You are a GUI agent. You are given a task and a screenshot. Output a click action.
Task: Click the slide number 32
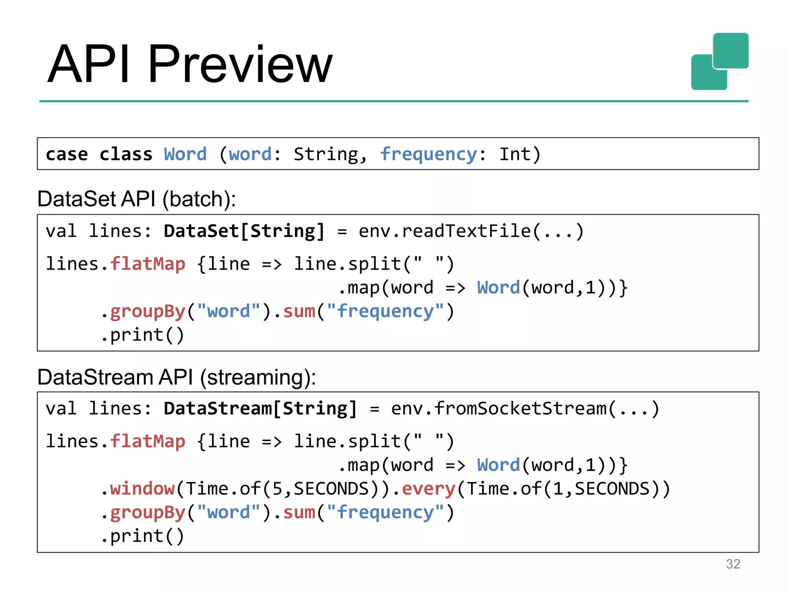tap(733, 564)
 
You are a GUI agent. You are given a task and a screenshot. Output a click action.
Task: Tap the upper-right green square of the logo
tap(730, 50)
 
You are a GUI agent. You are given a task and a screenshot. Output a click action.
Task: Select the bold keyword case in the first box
tap(67, 154)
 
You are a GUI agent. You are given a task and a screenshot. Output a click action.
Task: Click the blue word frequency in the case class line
tap(428, 154)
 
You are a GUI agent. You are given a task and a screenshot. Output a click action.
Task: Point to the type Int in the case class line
tap(515, 154)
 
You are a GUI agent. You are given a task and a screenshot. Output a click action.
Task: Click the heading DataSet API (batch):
tap(136, 199)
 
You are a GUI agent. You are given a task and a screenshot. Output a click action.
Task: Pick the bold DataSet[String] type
tap(244, 231)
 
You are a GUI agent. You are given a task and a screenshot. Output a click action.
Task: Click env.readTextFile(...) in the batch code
tap(471, 231)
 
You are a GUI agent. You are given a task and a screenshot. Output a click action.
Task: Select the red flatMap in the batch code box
tap(148, 264)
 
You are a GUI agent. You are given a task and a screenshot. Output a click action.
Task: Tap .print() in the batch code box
tap(143, 335)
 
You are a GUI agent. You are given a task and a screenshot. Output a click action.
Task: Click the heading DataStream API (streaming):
tap(176, 377)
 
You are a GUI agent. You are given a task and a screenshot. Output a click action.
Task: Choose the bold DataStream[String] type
tap(260, 409)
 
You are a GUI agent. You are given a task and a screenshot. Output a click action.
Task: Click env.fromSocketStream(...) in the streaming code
tap(525, 409)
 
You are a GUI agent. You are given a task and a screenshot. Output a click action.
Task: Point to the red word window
tap(142, 489)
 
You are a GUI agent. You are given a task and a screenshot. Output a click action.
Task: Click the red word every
tap(428, 489)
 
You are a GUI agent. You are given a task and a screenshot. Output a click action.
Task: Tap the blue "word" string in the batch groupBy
tap(229, 311)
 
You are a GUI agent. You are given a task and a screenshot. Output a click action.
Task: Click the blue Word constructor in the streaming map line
tap(498, 465)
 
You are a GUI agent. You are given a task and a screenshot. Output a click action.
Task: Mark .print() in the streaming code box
tap(143, 536)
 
